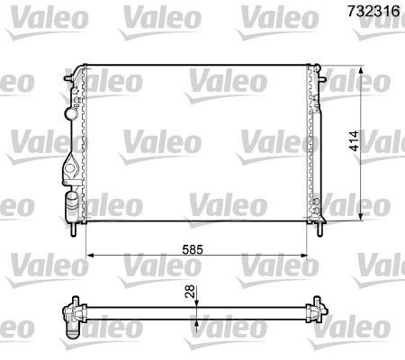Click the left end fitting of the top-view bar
tap(69, 313)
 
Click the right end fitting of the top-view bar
tap(317, 312)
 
